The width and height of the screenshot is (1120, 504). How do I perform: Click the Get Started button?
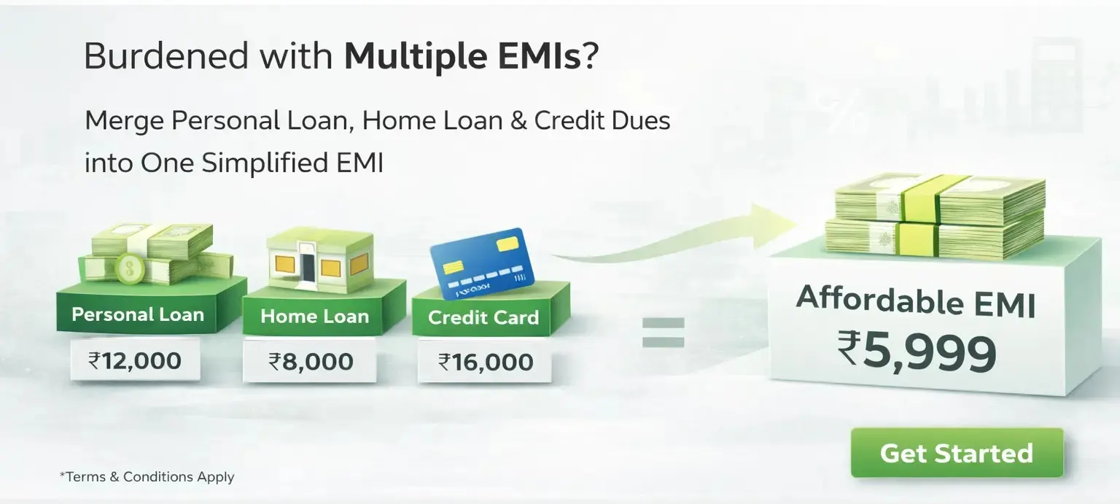(957, 453)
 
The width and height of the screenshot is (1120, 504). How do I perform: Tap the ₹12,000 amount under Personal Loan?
(134, 360)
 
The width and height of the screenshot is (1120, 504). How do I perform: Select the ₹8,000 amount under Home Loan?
(311, 362)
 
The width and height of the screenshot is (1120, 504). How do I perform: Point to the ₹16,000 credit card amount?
(486, 362)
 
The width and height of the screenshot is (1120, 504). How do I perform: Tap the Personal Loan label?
(138, 314)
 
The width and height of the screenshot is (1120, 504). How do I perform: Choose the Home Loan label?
(314, 317)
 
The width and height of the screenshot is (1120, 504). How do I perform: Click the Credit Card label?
(483, 317)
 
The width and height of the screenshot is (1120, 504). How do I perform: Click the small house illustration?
(321, 260)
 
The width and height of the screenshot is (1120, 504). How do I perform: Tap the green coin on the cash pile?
(130, 268)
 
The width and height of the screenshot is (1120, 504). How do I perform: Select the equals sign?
(663, 333)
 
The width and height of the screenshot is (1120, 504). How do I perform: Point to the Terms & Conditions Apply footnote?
(147, 476)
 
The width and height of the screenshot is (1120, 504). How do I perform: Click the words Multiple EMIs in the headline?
(462, 56)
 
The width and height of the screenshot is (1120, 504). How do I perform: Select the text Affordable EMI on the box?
(916, 301)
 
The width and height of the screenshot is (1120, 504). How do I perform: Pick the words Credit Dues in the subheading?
(602, 120)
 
